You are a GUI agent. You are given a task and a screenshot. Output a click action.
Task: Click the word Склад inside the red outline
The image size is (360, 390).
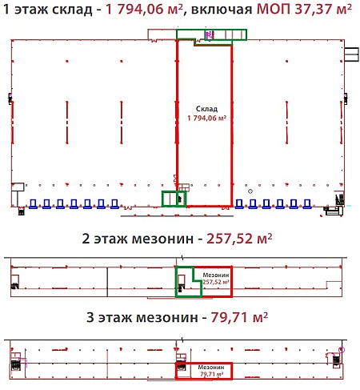click(206, 109)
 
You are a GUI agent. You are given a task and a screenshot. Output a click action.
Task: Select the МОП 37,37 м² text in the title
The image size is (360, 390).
click(304, 10)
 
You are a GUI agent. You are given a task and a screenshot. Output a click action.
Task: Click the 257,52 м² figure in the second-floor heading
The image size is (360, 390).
click(239, 239)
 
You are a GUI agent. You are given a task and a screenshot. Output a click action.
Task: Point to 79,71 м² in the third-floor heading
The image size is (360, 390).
click(239, 317)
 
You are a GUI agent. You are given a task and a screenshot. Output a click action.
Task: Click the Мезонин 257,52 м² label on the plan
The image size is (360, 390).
click(216, 279)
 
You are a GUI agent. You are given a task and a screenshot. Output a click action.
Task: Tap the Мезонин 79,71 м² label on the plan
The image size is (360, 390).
click(211, 371)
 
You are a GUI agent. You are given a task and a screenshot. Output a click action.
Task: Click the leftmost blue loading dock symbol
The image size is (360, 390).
click(33, 203)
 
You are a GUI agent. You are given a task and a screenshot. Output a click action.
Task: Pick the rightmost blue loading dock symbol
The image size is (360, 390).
click(307, 203)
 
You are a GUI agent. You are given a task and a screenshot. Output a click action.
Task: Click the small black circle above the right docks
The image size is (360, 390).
click(250, 191)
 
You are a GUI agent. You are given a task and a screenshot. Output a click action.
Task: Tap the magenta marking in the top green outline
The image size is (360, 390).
click(209, 34)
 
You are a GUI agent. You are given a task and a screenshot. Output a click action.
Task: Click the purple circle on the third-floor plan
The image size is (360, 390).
click(342, 350)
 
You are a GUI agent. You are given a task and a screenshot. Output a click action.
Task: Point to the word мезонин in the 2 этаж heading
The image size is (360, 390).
click(162, 239)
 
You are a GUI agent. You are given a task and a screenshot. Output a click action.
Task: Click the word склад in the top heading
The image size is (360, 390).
click(72, 10)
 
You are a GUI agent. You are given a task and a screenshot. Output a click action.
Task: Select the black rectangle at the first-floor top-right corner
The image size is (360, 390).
click(351, 54)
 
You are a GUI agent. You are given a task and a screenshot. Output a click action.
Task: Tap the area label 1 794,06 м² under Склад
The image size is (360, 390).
click(207, 118)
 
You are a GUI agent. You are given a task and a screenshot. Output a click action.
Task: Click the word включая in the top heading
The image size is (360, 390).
click(222, 10)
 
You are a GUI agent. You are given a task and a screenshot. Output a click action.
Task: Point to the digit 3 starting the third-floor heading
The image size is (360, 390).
click(90, 317)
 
